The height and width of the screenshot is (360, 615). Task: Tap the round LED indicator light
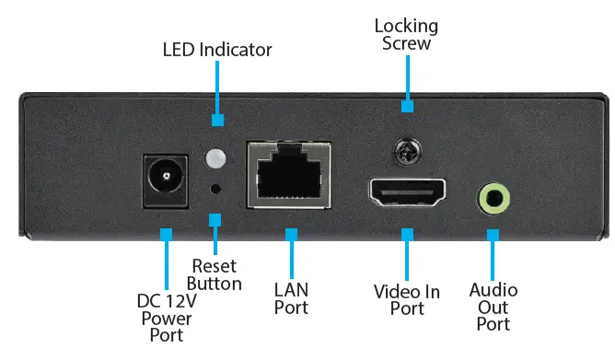coord(216,158)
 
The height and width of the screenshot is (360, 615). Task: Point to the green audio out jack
coord(494,197)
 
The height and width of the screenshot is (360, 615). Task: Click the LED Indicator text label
coord(217,49)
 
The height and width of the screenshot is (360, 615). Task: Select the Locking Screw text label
coord(406,35)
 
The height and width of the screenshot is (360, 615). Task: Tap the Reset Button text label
coord(215,274)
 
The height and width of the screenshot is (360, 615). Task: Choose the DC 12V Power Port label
coord(167,318)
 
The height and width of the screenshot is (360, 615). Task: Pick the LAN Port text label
coord(292,298)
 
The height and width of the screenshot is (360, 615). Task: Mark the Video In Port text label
coord(407,300)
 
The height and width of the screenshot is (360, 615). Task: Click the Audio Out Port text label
coord(493,308)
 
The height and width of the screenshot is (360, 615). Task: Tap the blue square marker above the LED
coord(218,120)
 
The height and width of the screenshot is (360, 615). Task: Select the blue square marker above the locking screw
coord(406,107)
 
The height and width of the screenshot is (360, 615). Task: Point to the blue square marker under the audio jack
coord(493,236)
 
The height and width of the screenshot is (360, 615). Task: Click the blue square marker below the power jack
coord(167,236)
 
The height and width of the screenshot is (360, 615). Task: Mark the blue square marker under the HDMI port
coord(406,236)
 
